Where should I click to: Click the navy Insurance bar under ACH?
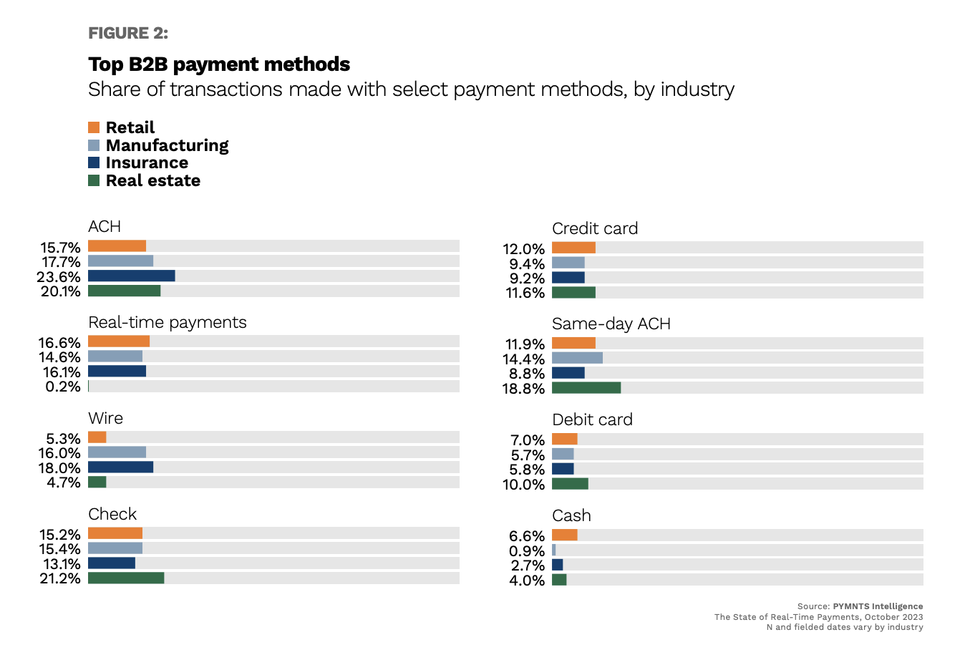click(x=131, y=276)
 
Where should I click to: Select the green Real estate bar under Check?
click(x=126, y=578)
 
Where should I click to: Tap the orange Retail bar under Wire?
click(x=97, y=437)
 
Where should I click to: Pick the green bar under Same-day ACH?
click(x=586, y=388)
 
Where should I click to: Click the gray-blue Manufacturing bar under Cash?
click(x=554, y=550)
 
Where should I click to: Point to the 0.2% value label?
click(x=63, y=387)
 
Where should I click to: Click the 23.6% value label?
click(x=59, y=276)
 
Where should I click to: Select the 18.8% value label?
click(x=523, y=389)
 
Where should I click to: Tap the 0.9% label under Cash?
click(x=527, y=551)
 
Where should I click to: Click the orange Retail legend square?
click(x=94, y=127)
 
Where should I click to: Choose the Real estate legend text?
click(x=152, y=180)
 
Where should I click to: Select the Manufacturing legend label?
click(x=167, y=145)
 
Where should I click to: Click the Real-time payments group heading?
click(x=167, y=322)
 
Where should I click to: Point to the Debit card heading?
click(x=592, y=419)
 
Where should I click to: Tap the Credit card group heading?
click(x=594, y=228)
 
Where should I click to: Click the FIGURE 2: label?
click(x=128, y=33)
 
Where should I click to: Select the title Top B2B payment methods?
click(x=219, y=64)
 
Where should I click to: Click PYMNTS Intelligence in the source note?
click(x=878, y=606)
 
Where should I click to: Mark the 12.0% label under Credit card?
click(x=523, y=249)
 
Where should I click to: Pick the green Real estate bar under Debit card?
click(x=570, y=484)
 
